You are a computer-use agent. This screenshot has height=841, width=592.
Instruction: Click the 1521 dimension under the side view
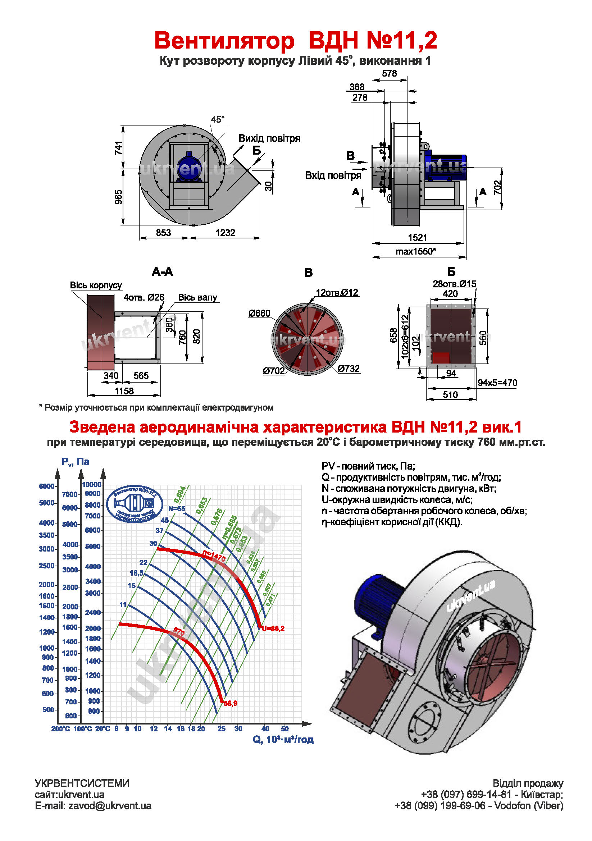pyautogui.click(x=418, y=237)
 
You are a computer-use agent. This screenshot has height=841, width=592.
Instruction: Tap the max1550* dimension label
pyautogui.click(x=416, y=251)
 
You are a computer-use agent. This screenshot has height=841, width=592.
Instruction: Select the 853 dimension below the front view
pyautogui.click(x=163, y=233)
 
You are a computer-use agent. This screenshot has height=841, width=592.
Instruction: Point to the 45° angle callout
pyautogui.click(x=218, y=119)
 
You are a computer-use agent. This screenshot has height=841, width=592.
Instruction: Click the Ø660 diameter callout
pyautogui.click(x=259, y=313)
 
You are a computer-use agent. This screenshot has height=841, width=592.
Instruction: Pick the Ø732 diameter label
pyautogui.click(x=349, y=369)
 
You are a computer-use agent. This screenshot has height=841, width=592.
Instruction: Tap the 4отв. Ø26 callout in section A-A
pyautogui.click(x=144, y=297)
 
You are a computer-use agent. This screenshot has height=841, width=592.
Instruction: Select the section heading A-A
pyautogui.click(x=162, y=271)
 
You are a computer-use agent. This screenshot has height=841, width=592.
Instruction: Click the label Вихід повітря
pyautogui.click(x=269, y=138)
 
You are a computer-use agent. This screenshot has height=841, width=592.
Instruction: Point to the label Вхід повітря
pyautogui.click(x=333, y=175)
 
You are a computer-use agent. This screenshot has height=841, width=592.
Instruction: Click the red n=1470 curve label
pyautogui.click(x=214, y=556)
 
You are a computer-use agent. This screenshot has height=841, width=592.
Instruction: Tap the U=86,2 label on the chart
pyautogui.click(x=273, y=628)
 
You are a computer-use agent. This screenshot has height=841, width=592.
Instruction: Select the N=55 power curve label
pyautogui.click(x=177, y=508)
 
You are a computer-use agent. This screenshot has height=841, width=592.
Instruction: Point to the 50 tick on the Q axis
pyautogui.click(x=284, y=728)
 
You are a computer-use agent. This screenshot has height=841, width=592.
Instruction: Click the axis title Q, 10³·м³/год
pyautogui.click(x=283, y=740)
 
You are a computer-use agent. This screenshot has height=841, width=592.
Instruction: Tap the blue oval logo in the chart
pyautogui.click(x=135, y=504)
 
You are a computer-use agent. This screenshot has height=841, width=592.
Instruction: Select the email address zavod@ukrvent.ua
pyautogui.click(x=110, y=805)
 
